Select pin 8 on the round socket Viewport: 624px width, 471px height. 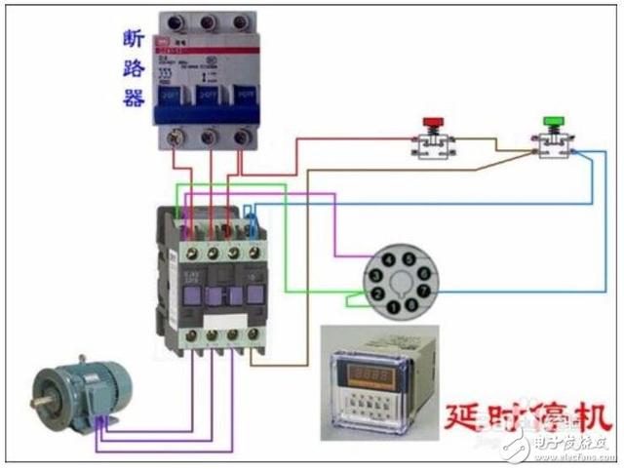pyautogui.click(x=410, y=309)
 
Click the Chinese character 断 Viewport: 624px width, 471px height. pyautogui.click(x=134, y=40)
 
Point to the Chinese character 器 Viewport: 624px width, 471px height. pyautogui.click(x=134, y=98)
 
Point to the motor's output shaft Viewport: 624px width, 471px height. pyautogui.click(x=41, y=401)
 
